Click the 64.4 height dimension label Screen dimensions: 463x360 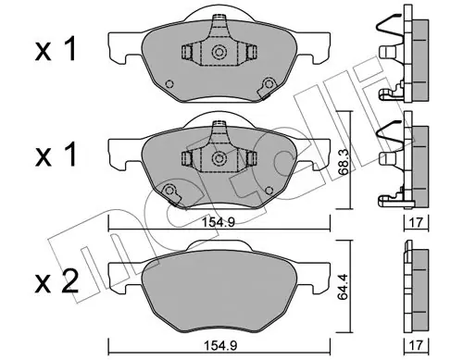(343, 287)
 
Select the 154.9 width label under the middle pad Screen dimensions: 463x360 (219, 222)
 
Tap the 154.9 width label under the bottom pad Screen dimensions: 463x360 (220, 345)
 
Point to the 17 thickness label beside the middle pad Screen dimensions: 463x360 (417, 222)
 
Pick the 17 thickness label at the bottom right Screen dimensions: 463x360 (417, 345)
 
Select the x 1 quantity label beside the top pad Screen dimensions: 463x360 (56, 49)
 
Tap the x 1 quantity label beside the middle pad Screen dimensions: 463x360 (56, 155)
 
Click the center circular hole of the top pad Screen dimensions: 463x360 (219, 52)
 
